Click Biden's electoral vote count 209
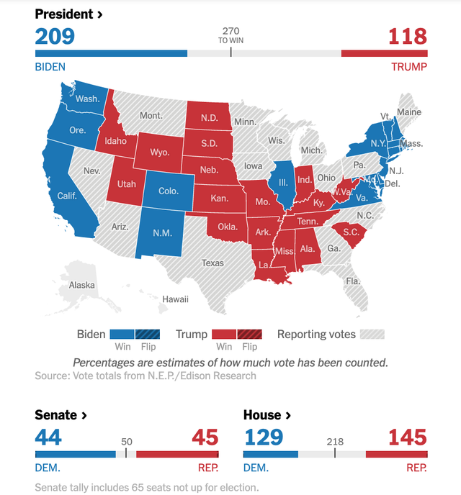point(55,36)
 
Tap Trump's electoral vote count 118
point(407,36)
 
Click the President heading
point(68,14)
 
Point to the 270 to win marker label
point(230,35)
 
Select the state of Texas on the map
point(212,263)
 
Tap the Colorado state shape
point(168,191)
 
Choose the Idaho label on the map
point(115,141)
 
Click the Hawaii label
point(175,299)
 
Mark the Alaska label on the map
point(81,285)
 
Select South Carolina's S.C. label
point(351,232)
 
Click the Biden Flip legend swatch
point(146,335)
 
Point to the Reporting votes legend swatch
point(372,335)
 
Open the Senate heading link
point(61,415)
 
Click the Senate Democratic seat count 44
point(48,437)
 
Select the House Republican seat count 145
point(407,437)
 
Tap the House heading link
point(267,415)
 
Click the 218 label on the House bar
point(335,442)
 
